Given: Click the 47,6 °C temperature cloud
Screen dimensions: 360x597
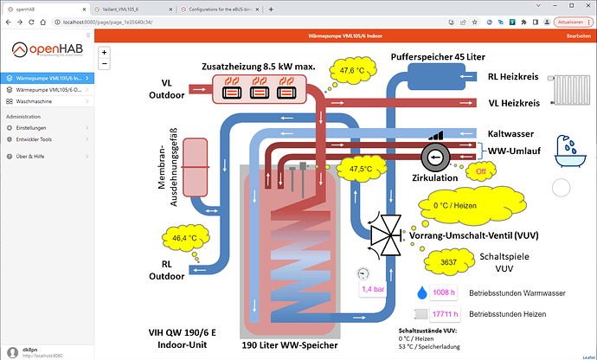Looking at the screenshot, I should (x=351, y=71).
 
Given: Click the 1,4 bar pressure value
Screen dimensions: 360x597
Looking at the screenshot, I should (x=373, y=289).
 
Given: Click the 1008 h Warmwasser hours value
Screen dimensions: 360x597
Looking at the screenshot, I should (x=442, y=292).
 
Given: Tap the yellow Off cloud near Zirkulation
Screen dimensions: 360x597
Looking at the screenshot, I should (x=482, y=171).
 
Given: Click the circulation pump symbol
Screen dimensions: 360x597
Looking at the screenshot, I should (x=433, y=156).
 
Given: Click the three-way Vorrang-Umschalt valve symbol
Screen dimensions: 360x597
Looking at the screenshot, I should (x=382, y=231).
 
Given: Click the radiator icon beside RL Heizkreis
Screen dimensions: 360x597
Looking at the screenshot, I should (x=570, y=90).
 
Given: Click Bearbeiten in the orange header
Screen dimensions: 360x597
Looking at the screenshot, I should (x=578, y=36).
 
